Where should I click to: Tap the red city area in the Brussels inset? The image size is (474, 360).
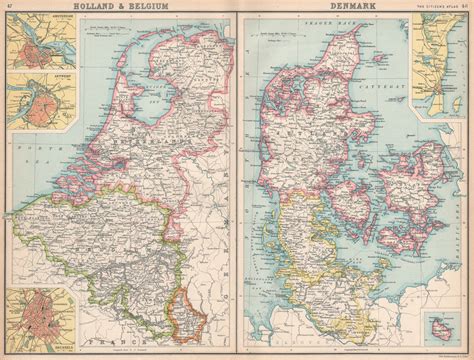point(38,318)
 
